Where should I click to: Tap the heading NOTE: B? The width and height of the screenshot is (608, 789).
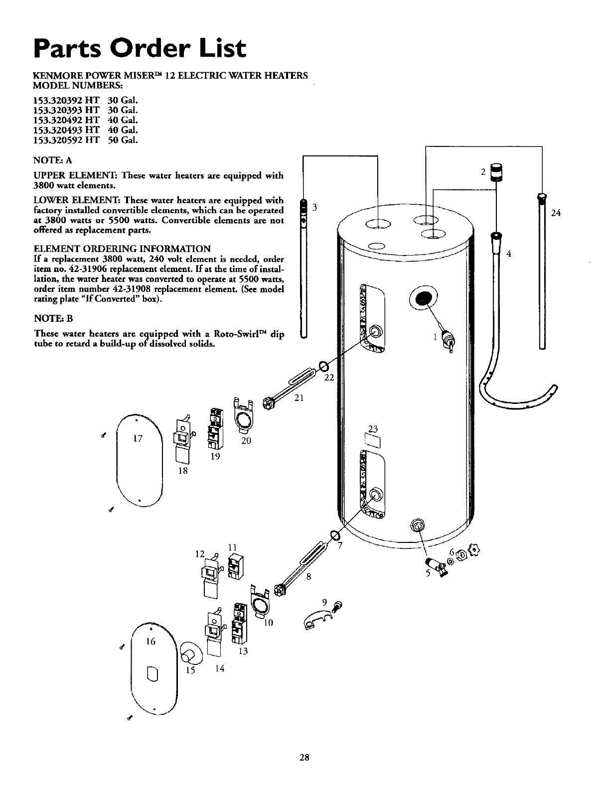(54, 318)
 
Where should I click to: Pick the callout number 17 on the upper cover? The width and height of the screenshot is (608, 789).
(138, 439)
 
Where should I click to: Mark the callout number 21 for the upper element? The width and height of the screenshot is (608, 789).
(299, 397)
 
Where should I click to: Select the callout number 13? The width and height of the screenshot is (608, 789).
(243, 652)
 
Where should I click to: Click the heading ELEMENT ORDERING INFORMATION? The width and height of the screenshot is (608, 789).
(122, 249)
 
